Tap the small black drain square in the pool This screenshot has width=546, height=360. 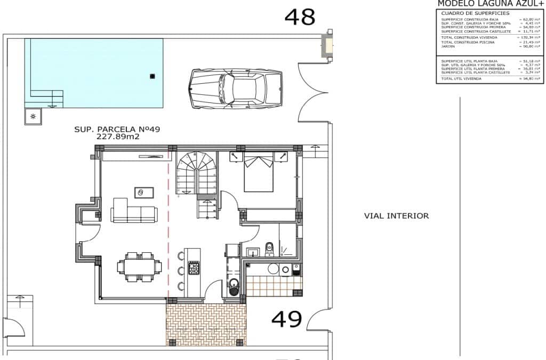pyautogui.click(x=152, y=76)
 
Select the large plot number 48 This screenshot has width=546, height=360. pyautogui.click(x=300, y=17)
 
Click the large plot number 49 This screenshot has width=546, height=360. pyautogui.click(x=287, y=319)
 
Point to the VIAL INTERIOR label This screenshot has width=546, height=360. pyautogui.click(x=396, y=216)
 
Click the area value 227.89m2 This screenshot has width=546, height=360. pyautogui.click(x=117, y=137)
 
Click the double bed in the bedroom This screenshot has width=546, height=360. pyautogui.click(x=259, y=172)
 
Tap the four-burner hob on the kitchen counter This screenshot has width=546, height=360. pyautogui.click(x=194, y=268)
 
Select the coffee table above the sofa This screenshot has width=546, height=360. pyautogui.click(x=144, y=191)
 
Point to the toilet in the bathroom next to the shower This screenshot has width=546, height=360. pyautogui.click(x=269, y=247)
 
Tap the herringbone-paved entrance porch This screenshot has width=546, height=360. pyautogui.click(x=206, y=324)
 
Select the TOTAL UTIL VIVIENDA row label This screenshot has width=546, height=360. pyautogui.click(x=461, y=78)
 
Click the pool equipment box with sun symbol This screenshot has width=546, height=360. pyautogui.click(x=33, y=116)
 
